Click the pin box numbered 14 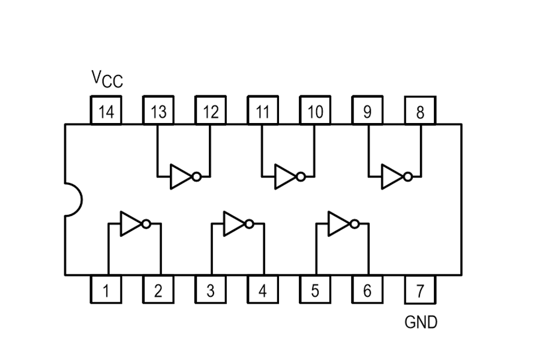pyautogui.click(x=106, y=110)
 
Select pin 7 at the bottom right pyautogui.click(x=420, y=290)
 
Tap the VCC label pyautogui.click(x=107, y=79)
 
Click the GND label pyautogui.click(x=421, y=323)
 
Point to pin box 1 pyautogui.click(x=106, y=290)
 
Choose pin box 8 pyautogui.click(x=420, y=110)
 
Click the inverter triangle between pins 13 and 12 pyautogui.click(x=179, y=177)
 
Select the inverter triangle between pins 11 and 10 pyautogui.click(x=284, y=177)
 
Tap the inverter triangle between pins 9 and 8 pyautogui.click(x=391, y=177)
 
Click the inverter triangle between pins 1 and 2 pyautogui.click(x=130, y=224)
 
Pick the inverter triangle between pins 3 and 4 pyautogui.click(x=233, y=224)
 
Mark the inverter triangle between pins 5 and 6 pyautogui.click(x=338, y=224)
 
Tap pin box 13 pyautogui.click(x=158, y=110)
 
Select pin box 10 pyautogui.click(x=315, y=110)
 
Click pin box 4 pyautogui.click(x=263, y=290)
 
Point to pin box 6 pyautogui.click(x=367, y=290)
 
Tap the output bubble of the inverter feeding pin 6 pyautogui.click(x=354, y=224)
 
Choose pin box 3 pyautogui.click(x=211, y=290)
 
